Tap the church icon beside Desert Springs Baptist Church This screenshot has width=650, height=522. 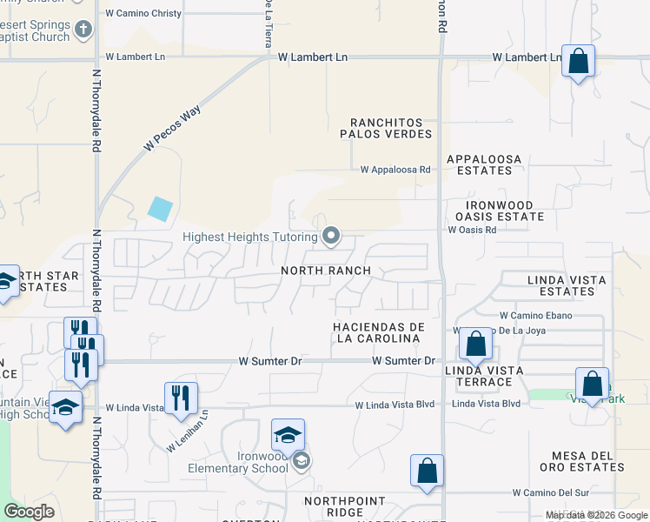pos(83,31)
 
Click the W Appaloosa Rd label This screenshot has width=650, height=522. pos(396,170)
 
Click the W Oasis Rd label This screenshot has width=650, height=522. pos(472,230)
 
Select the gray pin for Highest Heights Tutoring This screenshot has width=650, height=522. pos(331,236)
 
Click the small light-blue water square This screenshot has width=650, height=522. pos(160,209)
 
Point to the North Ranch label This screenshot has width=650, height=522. pos(326,271)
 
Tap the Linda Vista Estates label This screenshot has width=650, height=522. pos(560,285)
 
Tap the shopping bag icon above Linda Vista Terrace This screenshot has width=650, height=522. pos(475,343)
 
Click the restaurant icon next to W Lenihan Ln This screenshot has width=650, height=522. pos(181,398)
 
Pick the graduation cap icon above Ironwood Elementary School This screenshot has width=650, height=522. pos(289,434)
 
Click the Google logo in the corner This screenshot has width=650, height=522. pos(29,512)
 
